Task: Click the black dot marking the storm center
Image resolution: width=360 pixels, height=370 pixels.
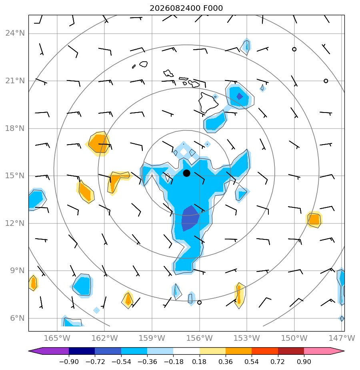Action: point(186,173)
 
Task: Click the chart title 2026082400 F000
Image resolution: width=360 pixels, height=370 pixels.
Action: point(186,8)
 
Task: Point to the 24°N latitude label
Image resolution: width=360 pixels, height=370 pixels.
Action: point(15,33)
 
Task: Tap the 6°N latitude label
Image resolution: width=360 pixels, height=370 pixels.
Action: point(17,318)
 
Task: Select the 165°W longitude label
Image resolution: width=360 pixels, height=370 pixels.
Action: point(57,338)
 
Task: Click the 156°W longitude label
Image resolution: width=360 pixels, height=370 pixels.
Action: point(199,338)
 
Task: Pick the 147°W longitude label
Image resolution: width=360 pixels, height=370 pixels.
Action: point(342,338)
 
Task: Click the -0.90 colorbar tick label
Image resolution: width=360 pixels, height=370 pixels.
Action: point(69,362)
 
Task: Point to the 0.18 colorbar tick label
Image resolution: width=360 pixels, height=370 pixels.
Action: point(200,362)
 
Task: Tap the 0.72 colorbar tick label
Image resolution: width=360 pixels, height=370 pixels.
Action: point(278,362)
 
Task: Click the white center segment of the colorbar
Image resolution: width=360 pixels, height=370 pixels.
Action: point(186,351)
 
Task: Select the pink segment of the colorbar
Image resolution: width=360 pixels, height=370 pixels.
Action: point(317,351)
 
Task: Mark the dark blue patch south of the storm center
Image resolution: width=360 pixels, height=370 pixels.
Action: point(190,218)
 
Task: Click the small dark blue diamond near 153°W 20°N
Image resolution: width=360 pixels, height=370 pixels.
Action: point(240,96)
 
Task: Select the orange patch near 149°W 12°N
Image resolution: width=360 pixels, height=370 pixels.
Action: point(314,220)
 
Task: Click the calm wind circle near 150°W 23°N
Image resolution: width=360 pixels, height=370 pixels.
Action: point(294,49)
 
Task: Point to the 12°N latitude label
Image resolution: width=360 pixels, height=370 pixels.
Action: point(15,223)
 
